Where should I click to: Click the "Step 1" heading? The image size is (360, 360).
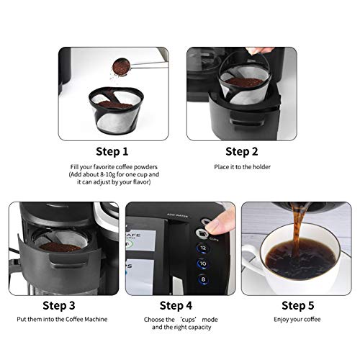pyautogui.click(x=112, y=151)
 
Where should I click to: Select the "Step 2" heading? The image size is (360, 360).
pyautogui.click(x=242, y=151)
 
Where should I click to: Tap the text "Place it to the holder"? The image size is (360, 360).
pyautogui.click(x=242, y=168)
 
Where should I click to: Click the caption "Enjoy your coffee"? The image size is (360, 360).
pyautogui.click(x=297, y=318)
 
